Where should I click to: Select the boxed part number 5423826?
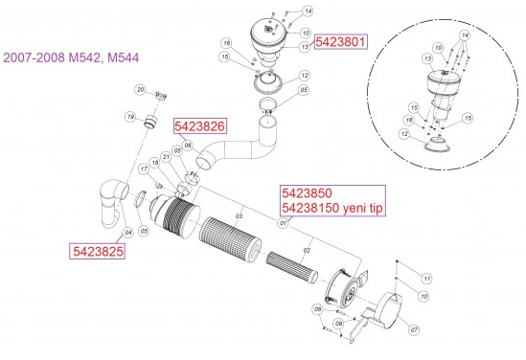coord(199,126)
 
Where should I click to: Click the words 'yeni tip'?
coord(358,208)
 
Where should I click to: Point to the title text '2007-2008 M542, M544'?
coord(72,58)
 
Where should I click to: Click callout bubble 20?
coord(139,89)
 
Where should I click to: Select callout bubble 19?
coord(130,117)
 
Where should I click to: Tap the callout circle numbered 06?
coord(188,146)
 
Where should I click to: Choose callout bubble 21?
coord(165,156)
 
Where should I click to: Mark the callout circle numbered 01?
coord(283,223)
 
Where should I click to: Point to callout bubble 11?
coord(427,278)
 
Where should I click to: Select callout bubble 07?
coord(414,330)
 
